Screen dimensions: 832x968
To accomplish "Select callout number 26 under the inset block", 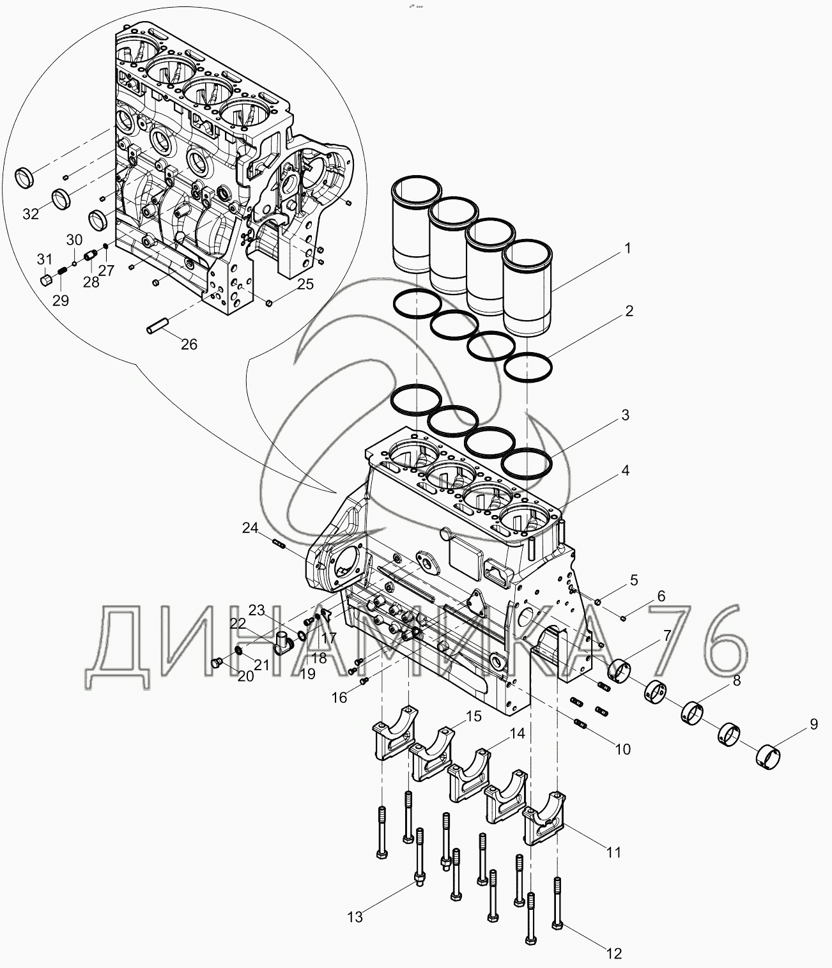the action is click(x=189, y=344).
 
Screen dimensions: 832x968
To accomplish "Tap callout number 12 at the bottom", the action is click(x=613, y=954).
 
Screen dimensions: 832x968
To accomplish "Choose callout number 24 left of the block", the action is click(x=250, y=528).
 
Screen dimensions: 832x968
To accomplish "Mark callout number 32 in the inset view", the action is click(x=31, y=214).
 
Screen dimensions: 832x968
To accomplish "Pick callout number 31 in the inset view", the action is click(x=43, y=259).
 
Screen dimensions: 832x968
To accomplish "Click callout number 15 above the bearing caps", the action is click(x=473, y=716).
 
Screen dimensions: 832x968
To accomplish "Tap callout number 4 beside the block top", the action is click(x=625, y=471).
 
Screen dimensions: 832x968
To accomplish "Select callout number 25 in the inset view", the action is click(x=305, y=284).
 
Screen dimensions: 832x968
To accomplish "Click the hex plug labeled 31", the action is click(x=45, y=280).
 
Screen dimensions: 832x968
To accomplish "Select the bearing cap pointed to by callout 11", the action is click(x=543, y=824).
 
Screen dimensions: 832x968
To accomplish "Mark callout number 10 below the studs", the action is click(x=622, y=749).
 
